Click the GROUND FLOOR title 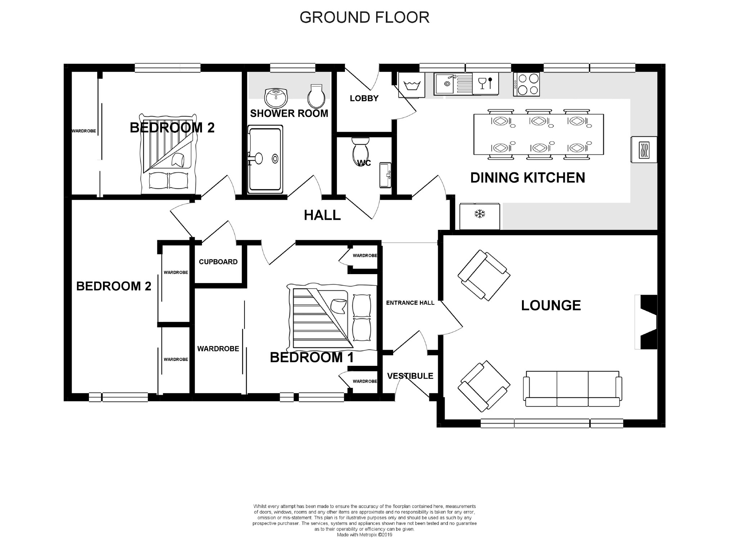[364, 17]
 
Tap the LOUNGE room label [551, 305]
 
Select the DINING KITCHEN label [528, 178]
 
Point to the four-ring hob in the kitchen [526, 84]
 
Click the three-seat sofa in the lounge [572, 389]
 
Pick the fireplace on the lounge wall [646, 322]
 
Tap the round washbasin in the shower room [276, 98]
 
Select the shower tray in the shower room [265, 159]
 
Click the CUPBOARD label [218, 262]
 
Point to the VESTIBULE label [410, 376]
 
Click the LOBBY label [364, 98]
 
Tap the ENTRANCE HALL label [410, 303]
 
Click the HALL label [322, 215]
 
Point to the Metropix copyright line [364, 535]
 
